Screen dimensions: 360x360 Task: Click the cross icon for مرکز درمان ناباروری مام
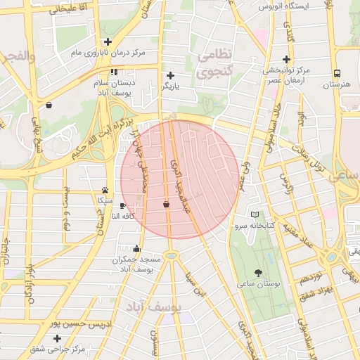click(106, 41)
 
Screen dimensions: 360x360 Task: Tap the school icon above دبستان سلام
click(114, 72)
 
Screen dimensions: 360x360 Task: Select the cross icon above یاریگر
click(170, 75)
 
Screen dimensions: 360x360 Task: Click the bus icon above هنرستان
click(337, 73)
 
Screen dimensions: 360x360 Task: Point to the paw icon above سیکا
click(105, 190)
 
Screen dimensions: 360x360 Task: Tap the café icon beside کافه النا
click(124, 206)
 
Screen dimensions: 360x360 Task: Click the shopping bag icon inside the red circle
click(166, 205)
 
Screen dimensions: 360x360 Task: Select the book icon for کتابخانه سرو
click(255, 214)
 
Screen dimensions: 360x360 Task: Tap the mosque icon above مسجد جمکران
click(136, 248)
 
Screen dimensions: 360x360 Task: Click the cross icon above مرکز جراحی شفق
click(56, 338)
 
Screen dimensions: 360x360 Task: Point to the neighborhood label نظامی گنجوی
click(216, 64)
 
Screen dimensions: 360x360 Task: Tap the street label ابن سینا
click(195, 288)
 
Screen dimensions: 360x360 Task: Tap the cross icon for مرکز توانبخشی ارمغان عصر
click(286, 59)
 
